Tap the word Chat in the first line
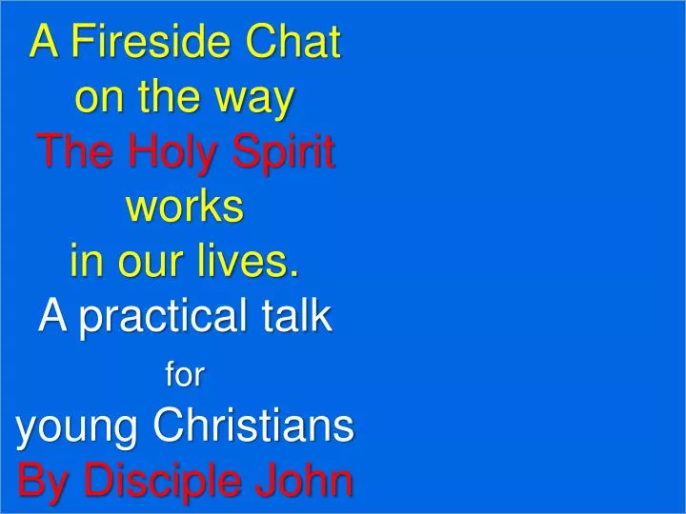tap(292, 43)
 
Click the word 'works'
tap(185, 208)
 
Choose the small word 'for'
tap(185, 376)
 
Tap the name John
tap(307, 481)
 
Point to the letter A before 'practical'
tap(53, 316)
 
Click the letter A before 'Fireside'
tap(45, 43)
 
